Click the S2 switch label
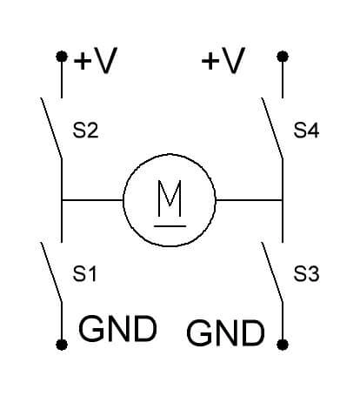[x=85, y=131]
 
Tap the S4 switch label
[x=306, y=131]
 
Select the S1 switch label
[x=84, y=273]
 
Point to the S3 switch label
[x=306, y=273]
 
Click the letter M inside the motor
[x=170, y=198]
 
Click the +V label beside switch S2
[x=96, y=60]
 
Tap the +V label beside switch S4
[x=223, y=60]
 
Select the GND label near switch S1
[x=117, y=329]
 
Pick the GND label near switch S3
[x=225, y=332]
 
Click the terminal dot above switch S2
[x=62, y=57]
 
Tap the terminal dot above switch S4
[x=283, y=57]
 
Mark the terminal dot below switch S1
[x=62, y=345]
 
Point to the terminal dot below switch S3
[x=283, y=345]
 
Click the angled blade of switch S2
[x=51, y=128]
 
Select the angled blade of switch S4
[x=272, y=128]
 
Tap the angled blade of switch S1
[x=51, y=272]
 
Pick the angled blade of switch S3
[x=272, y=272]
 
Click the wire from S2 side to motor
[x=92, y=200]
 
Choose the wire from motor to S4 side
[x=249, y=200]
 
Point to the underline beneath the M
[x=170, y=225]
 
